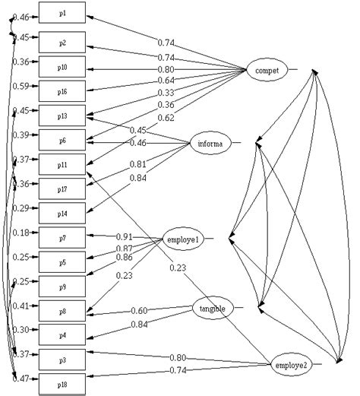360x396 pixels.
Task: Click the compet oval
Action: tap(267, 71)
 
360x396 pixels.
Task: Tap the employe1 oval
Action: tap(182, 239)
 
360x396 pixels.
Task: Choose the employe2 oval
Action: tap(292, 366)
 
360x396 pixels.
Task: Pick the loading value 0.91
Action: tap(125, 236)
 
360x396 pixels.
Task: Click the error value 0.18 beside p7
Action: tap(21, 233)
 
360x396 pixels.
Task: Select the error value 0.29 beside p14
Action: tap(21, 208)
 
